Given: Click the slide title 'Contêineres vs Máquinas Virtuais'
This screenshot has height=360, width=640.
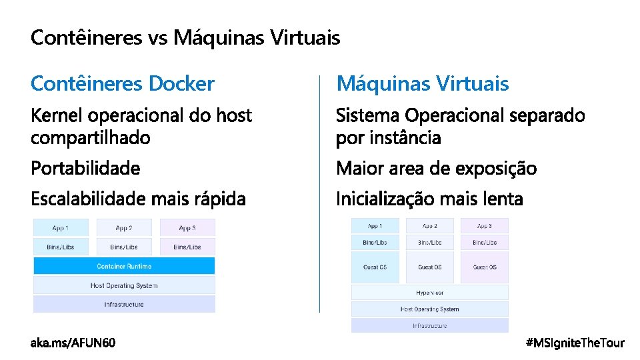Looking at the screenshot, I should (x=185, y=38).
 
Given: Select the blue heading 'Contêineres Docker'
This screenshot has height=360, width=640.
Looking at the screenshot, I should (x=123, y=84).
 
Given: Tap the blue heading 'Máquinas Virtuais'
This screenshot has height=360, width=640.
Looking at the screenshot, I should (x=423, y=84).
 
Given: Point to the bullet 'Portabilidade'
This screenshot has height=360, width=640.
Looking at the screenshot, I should (x=85, y=168).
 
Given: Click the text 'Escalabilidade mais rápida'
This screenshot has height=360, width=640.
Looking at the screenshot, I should (x=138, y=199).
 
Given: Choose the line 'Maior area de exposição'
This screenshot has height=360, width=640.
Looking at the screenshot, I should (x=436, y=168).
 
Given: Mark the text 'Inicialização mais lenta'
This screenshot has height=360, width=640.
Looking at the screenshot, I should (x=429, y=199).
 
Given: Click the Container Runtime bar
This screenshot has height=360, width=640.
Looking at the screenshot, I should (x=124, y=266).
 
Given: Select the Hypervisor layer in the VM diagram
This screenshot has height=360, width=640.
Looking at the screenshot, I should (x=429, y=292).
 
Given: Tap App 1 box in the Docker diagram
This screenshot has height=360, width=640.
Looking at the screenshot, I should (x=61, y=227).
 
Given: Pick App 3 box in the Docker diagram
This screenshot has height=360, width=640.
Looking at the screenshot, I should (x=187, y=227).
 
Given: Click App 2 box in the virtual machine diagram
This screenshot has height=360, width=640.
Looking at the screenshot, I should (x=429, y=226).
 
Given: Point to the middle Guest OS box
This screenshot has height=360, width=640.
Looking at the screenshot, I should (x=429, y=267).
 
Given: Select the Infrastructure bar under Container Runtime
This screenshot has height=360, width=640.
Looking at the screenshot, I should (x=124, y=304).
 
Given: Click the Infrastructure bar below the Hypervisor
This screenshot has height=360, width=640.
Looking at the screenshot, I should (x=429, y=325).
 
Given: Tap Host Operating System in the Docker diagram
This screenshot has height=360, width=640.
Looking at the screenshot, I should (x=124, y=285).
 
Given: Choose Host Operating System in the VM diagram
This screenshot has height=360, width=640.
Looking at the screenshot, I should (x=429, y=309).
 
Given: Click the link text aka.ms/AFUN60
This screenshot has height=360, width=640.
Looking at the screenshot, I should (x=73, y=343).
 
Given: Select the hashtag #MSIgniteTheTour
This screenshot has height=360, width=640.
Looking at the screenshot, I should (x=575, y=343).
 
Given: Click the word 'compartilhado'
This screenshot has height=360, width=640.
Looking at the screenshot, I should (x=91, y=138).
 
